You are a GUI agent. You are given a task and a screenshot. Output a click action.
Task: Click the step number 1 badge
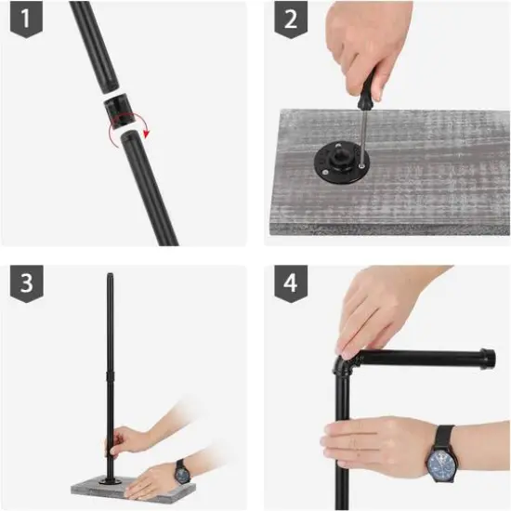click(x=26, y=19)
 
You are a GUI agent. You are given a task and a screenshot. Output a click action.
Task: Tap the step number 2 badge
click(x=291, y=19)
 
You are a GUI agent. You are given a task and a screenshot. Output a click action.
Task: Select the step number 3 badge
click(x=26, y=283)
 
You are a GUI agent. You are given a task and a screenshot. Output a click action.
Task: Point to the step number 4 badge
click(x=291, y=283)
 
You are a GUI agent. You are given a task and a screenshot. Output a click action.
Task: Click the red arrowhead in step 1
click(x=147, y=133)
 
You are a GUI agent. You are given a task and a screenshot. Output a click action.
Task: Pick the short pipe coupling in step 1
click(x=119, y=111)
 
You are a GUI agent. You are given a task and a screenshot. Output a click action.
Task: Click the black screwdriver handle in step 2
click(x=366, y=92)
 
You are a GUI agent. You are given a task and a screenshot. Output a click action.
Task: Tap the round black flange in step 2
click(x=342, y=161)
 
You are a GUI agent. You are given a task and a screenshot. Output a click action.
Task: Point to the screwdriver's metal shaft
click(x=362, y=137)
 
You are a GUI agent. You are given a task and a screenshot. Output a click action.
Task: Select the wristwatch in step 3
click(x=182, y=472)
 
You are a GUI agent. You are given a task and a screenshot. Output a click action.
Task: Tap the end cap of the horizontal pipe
click(x=488, y=359)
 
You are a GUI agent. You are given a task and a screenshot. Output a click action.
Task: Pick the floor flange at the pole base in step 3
click(x=111, y=481)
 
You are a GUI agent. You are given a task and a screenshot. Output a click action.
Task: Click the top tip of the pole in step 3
click(x=111, y=274)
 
